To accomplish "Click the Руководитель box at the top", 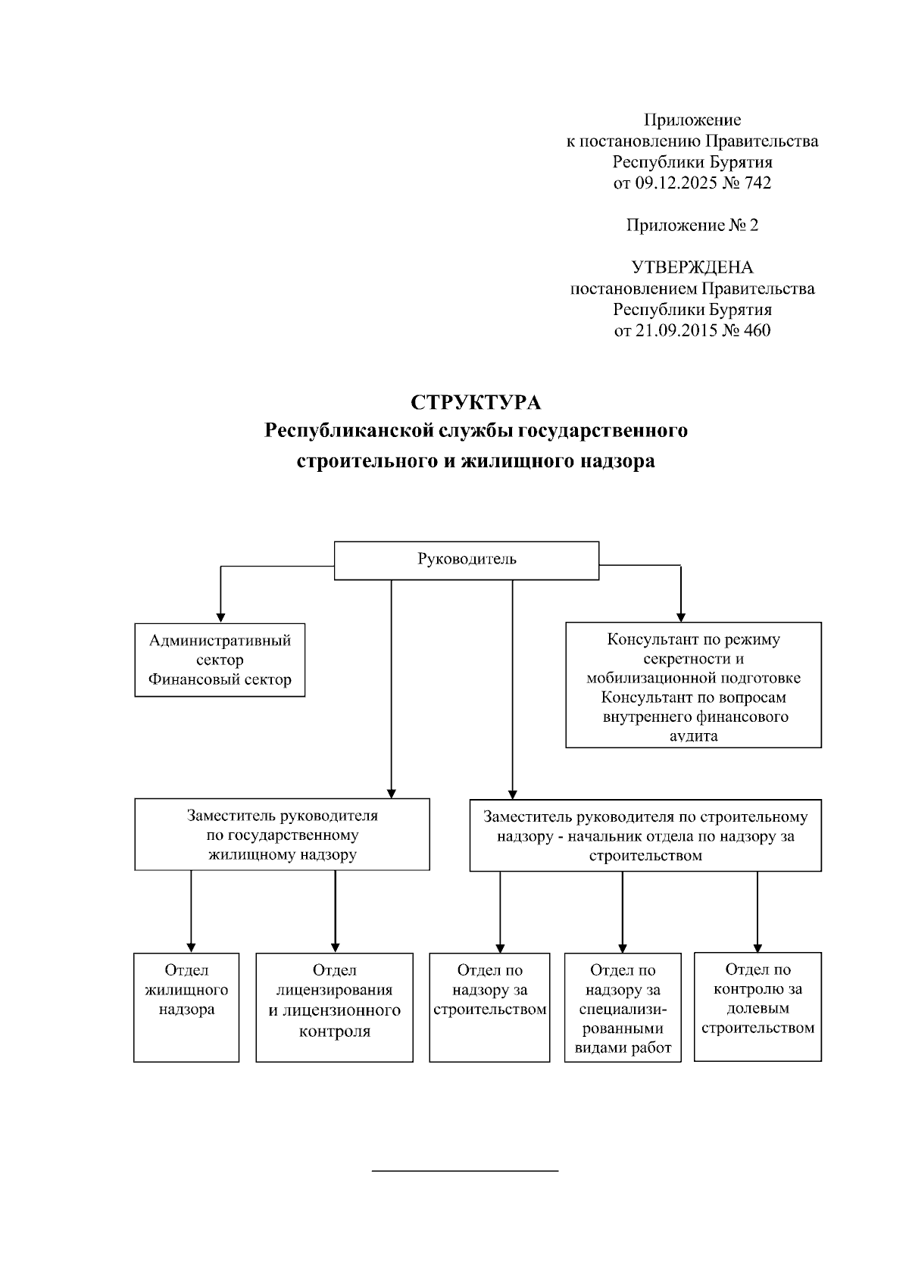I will [x=466, y=560].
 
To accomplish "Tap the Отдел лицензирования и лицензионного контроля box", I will [x=334, y=1007].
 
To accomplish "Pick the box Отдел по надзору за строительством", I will [x=489, y=1007].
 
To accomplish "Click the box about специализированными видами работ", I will [x=623, y=1007].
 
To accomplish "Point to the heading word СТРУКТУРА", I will [x=476, y=401].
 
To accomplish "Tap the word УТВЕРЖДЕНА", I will [x=692, y=267].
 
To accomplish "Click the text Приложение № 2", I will [x=692, y=225].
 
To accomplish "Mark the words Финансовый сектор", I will [x=220, y=679].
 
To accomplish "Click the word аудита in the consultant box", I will [x=693, y=735].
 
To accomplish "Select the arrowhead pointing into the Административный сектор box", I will [x=220, y=616].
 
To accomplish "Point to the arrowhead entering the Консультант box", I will [x=681, y=616].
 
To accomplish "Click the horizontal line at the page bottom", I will [x=465, y=1171].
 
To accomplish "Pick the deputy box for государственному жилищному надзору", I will [x=282, y=835].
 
